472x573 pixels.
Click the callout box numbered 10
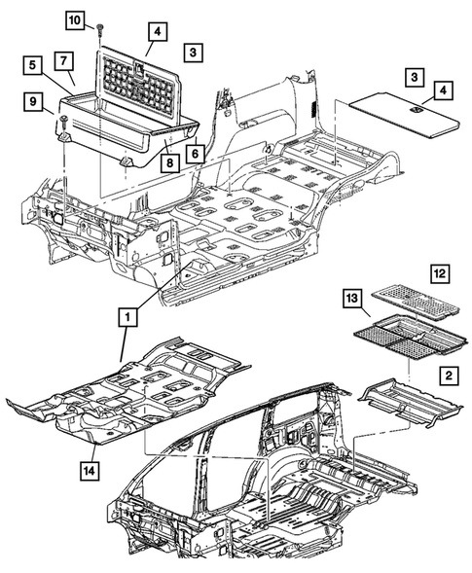tap(102, 20)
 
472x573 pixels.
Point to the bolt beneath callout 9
tap(61, 122)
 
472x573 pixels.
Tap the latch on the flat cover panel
tap(415, 110)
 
